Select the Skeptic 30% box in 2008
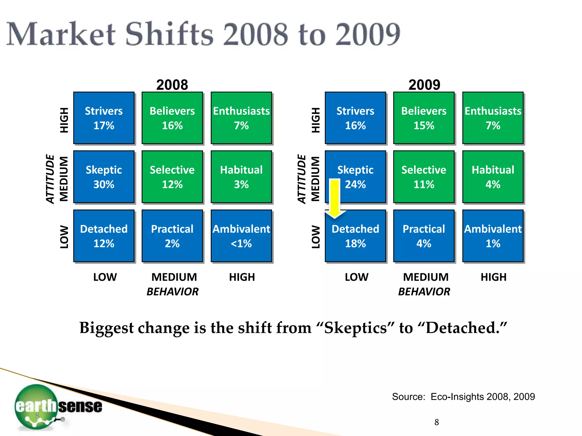click(104, 177)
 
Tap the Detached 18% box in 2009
click(356, 236)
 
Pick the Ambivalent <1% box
click(241, 236)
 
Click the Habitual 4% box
click(493, 177)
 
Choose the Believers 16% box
click(172, 118)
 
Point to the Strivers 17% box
click(104, 118)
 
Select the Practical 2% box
click(172, 236)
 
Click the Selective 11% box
click(424, 177)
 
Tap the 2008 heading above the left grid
click(172, 85)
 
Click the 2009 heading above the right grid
click(424, 85)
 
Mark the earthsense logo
click(58, 406)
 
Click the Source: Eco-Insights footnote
click(463, 397)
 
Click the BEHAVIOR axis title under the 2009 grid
click(424, 292)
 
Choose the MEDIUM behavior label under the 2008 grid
click(174, 277)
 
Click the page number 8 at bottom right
click(436, 422)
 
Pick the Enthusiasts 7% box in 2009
click(493, 118)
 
